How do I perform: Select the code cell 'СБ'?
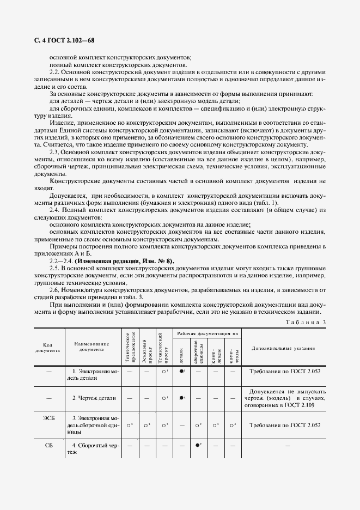pos(50,445)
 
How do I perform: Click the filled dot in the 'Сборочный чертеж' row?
pos(198,445)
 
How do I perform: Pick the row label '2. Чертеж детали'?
pos(94,398)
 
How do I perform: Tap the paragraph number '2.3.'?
pos(56,152)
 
